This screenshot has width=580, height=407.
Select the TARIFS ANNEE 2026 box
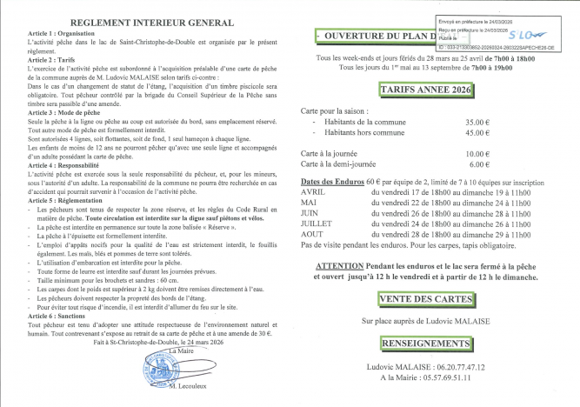pos(425,89)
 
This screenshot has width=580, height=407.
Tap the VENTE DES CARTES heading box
pos(424,298)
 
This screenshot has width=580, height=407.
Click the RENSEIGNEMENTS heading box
pos(424,343)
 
